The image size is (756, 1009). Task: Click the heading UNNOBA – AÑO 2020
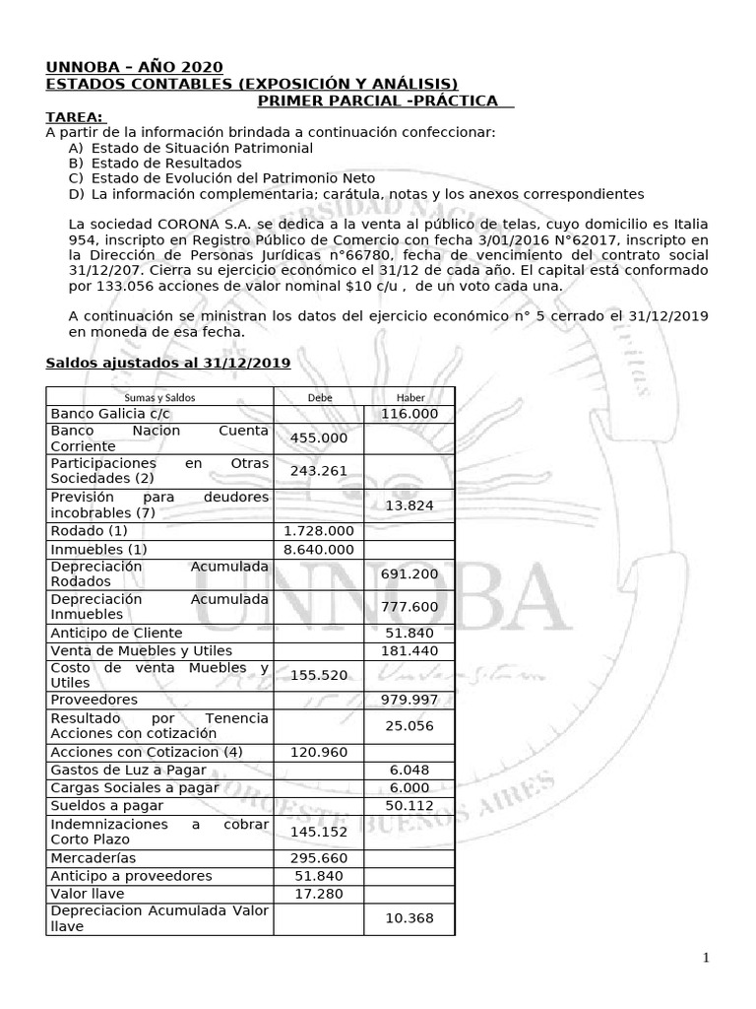(134, 67)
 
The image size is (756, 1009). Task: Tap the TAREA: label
(74, 117)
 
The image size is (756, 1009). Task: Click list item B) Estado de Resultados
(155, 163)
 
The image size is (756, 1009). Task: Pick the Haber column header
(409, 397)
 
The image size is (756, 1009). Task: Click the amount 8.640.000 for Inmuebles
(318, 549)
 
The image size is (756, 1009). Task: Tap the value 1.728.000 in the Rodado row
(318, 530)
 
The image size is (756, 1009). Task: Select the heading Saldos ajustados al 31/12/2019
(168, 363)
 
